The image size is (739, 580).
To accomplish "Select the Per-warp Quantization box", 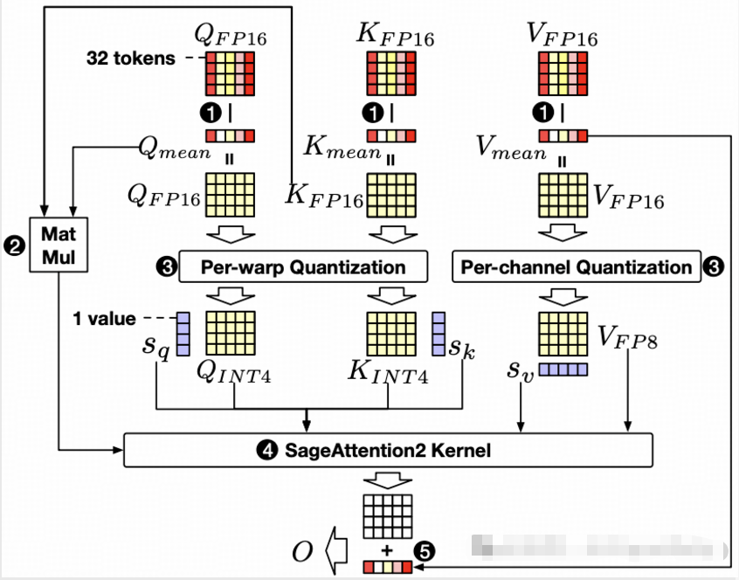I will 303,266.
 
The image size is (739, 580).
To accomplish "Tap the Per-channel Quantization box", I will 576,266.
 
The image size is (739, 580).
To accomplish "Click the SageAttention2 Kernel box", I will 389,450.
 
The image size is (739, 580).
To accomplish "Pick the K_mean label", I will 342,148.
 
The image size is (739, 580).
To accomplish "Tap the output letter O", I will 303,551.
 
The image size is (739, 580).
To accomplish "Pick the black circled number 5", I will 424,550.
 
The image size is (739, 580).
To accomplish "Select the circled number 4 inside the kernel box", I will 265,451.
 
